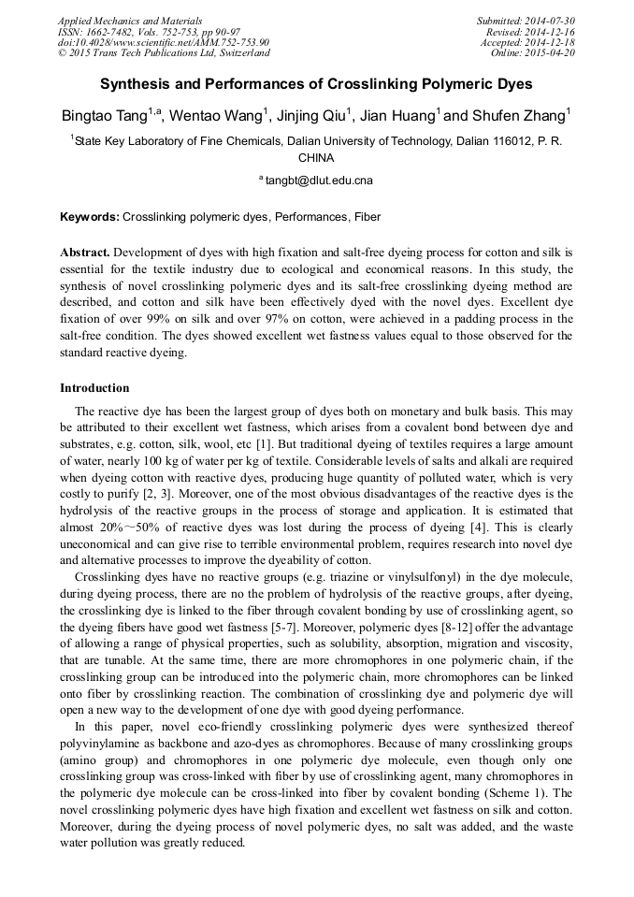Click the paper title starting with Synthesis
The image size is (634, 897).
coord(316,84)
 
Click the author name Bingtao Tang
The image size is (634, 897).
coord(103,116)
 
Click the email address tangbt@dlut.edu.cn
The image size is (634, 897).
coord(318,180)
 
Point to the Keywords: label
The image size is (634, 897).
coord(90,217)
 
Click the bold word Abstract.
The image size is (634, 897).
coord(85,253)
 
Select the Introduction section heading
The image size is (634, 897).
coord(94,388)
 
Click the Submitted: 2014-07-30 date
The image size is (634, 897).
coord(526,21)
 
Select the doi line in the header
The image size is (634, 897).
coord(163,42)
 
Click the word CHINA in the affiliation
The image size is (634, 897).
coord(316,158)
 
